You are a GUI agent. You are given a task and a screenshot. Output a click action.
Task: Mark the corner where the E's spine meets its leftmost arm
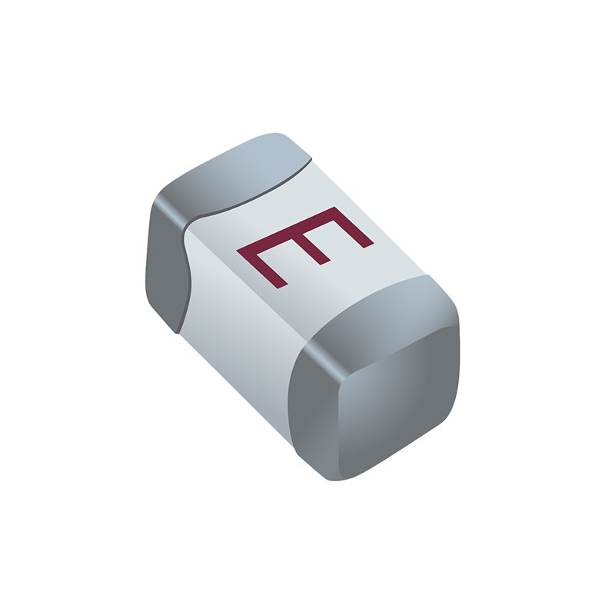tap(243, 252)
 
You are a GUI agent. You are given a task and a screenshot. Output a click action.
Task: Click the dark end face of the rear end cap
tap(165, 261)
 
